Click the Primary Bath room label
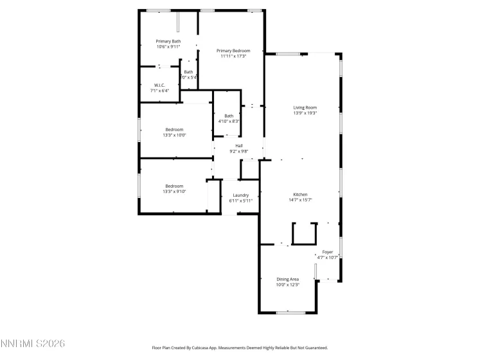coord(168,41)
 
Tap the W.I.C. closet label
coord(159,85)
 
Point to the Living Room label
coord(305,107)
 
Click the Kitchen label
coord(300,195)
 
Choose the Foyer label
coord(328,252)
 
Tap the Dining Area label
coord(288,279)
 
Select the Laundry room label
coord(241,195)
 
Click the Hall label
coord(239,146)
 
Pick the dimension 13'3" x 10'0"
coord(174,135)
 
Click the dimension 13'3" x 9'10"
coord(174,192)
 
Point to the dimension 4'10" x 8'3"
coord(229,121)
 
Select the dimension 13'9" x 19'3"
coord(305,113)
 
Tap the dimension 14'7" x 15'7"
coord(300,200)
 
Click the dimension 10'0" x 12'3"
coord(288,284)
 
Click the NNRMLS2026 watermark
coord(33,345)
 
